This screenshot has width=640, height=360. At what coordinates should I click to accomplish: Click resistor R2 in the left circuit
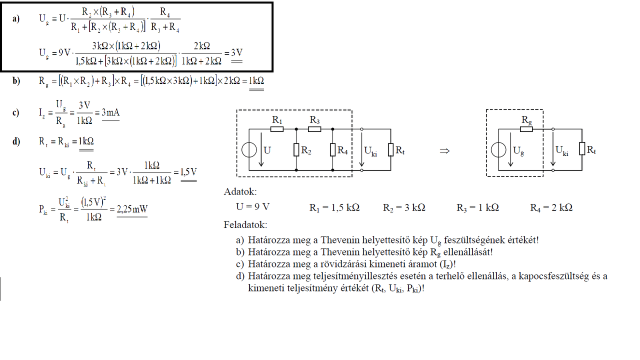(296, 149)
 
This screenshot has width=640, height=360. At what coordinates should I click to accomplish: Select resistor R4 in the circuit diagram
(333, 149)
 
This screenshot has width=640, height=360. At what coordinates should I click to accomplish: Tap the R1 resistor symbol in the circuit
(277, 128)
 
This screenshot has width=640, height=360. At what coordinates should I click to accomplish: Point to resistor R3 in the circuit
(314, 128)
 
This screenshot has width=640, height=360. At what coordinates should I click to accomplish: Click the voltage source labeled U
(249, 150)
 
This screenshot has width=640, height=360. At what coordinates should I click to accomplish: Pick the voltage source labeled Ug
(498, 150)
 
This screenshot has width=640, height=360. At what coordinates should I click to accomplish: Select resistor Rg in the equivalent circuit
(526, 128)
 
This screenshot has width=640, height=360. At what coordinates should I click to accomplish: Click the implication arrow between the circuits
(444, 150)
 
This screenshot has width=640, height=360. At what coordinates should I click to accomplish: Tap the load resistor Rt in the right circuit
(582, 149)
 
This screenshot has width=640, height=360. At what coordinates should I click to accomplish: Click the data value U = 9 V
(253, 207)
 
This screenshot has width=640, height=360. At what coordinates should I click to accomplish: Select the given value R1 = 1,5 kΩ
(334, 207)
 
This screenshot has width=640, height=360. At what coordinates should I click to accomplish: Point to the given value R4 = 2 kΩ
(551, 207)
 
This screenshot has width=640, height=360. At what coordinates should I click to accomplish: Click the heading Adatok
(240, 191)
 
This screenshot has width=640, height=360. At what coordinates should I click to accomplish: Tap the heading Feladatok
(245, 225)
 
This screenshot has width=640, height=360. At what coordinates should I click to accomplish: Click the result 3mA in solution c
(110, 112)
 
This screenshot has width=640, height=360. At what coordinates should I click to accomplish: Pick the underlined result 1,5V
(187, 172)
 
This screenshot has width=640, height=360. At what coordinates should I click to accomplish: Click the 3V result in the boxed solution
(236, 53)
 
